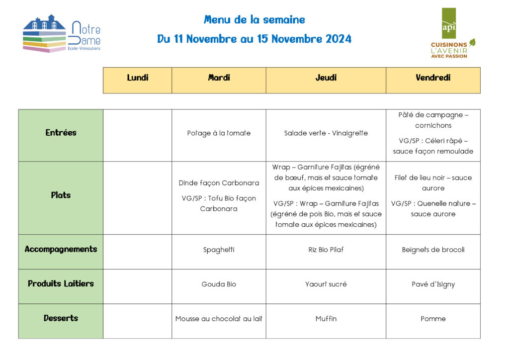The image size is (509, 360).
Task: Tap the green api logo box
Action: click(x=448, y=23)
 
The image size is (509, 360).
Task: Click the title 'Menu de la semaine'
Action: click(x=254, y=20)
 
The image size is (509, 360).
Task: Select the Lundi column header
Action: click(x=138, y=78)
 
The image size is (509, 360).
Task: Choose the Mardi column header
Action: click(x=219, y=78)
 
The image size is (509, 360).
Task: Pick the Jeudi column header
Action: click(x=326, y=78)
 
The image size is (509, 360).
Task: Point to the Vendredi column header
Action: click(x=433, y=78)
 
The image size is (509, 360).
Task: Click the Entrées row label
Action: click(x=61, y=133)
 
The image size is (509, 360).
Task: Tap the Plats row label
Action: click(x=61, y=195)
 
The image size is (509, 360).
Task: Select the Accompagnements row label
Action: click(x=61, y=249)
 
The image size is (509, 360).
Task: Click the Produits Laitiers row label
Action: click(x=61, y=284)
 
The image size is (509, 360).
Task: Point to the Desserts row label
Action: click(x=61, y=318)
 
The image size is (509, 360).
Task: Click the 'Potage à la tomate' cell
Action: click(x=219, y=133)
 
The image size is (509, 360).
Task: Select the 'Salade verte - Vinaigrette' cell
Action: click(x=326, y=133)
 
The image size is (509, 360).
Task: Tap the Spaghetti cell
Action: click(x=219, y=250)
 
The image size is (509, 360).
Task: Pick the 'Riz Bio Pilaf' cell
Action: click(x=326, y=250)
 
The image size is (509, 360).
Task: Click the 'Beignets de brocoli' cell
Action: click(x=433, y=250)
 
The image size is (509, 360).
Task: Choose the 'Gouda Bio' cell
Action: click(x=219, y=284)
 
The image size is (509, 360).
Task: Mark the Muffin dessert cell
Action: click(x=326, y=319)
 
